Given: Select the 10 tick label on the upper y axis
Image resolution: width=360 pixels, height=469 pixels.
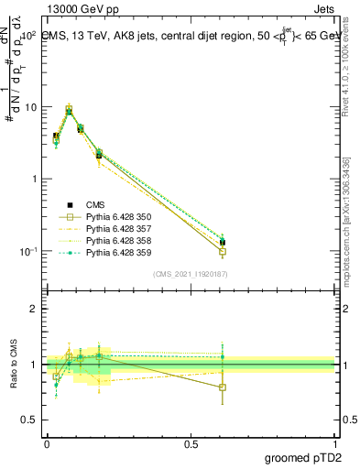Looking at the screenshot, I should click(x=30, y=107).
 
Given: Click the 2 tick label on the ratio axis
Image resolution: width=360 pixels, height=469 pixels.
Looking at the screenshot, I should click(x=33, y=309).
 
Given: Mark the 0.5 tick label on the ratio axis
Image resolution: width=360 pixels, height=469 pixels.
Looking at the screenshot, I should click(x=29, y=420).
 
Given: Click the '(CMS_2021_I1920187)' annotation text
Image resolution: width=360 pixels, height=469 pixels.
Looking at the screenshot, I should click(x=191, y=273).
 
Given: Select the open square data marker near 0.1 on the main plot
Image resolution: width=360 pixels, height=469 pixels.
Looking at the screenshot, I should click(x=223, y=251).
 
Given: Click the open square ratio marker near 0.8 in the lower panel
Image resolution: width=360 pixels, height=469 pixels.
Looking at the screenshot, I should click(x=223, y=387).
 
